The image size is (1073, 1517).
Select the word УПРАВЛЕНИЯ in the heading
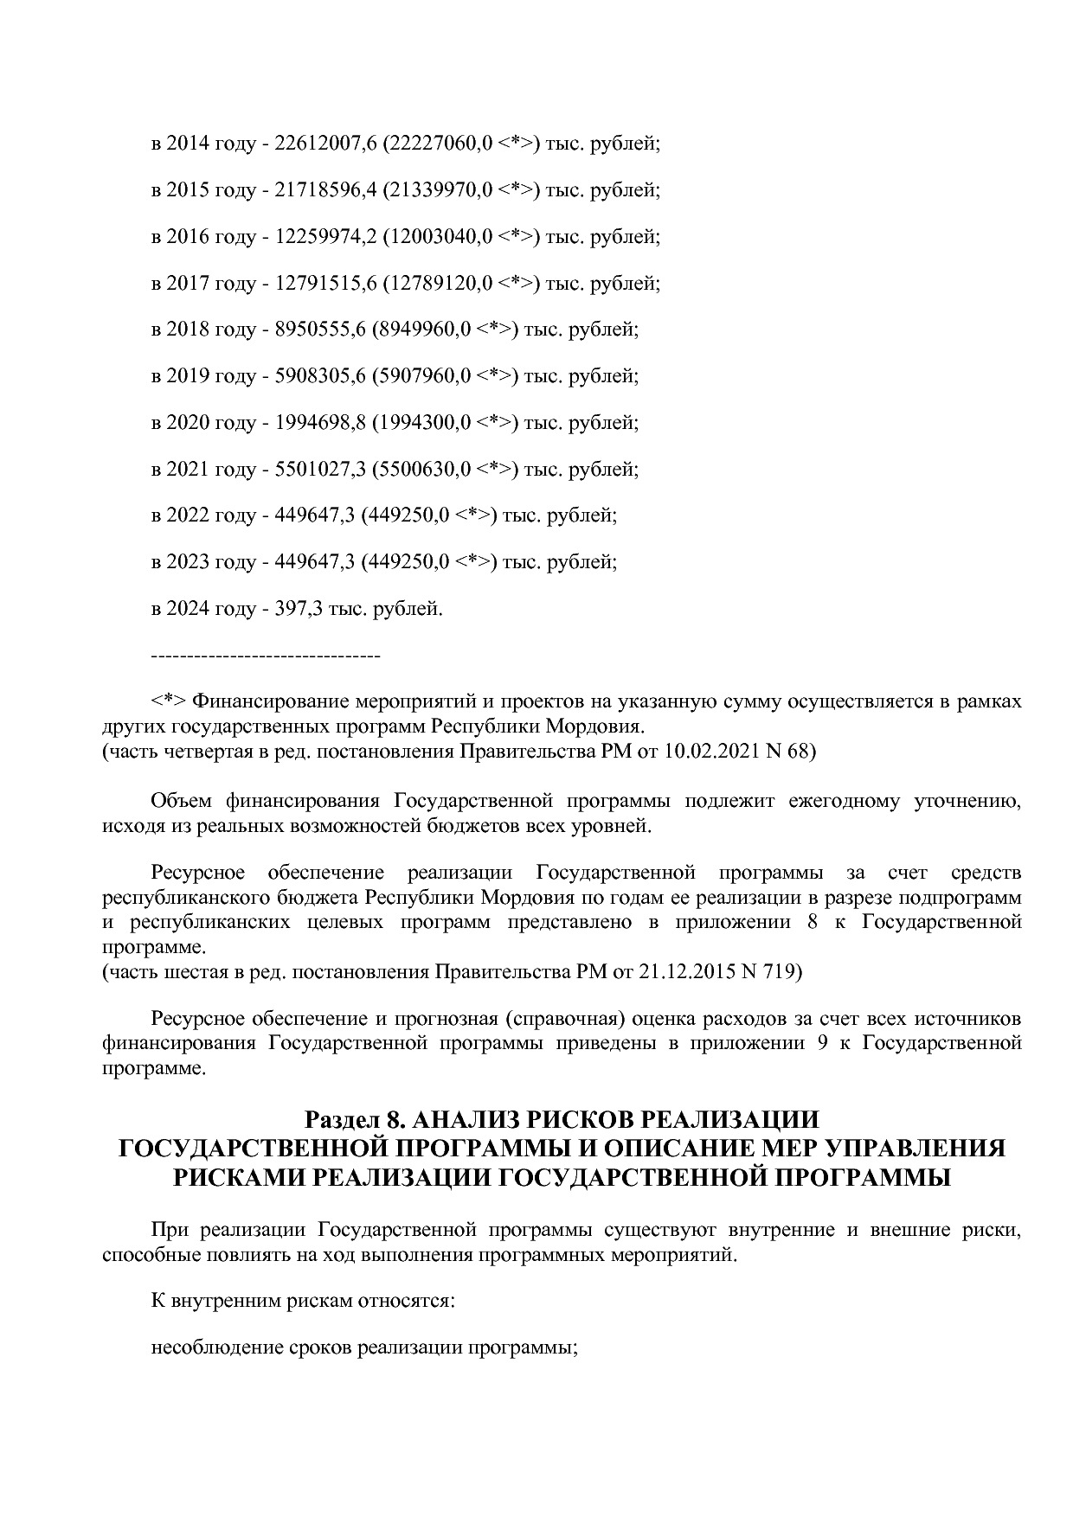[916, 1149]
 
